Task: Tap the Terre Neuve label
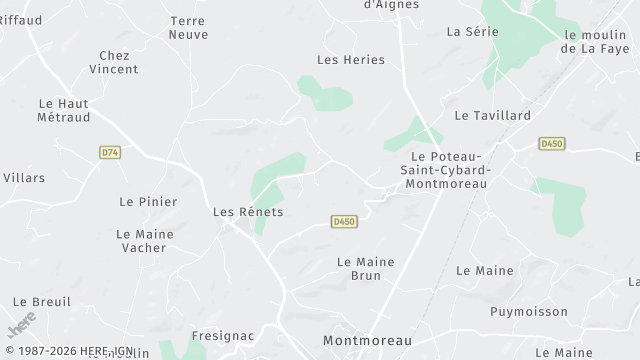pos(189,27)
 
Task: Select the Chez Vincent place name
pos(113,62)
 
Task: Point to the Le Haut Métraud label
pos(64,110)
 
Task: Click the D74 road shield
pos(110,152)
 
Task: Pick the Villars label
pos(24,178)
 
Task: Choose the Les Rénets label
pos(248,212)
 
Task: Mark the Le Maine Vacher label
pos(146,240)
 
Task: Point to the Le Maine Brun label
pos(366,268)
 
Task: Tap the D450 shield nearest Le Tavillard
pos(551,144)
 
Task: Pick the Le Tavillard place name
pos(492,115)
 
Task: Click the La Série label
pos(473,31)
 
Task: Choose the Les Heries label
pos(350,60)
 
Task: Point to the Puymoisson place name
pos(527,311)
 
